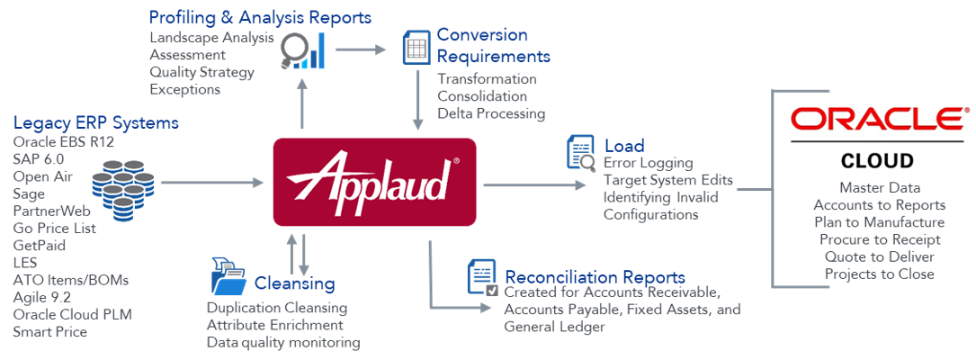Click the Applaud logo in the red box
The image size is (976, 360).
pos(373,182)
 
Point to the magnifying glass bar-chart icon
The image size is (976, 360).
pos(302,52)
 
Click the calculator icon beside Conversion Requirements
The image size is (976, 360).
pos(415,47)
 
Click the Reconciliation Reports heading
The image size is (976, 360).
pos(595,277)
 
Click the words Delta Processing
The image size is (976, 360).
pos(491,113)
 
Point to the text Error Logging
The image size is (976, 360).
pos(648,163)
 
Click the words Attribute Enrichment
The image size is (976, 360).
pos(274,325)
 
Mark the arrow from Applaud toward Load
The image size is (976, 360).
pos(531,185)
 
